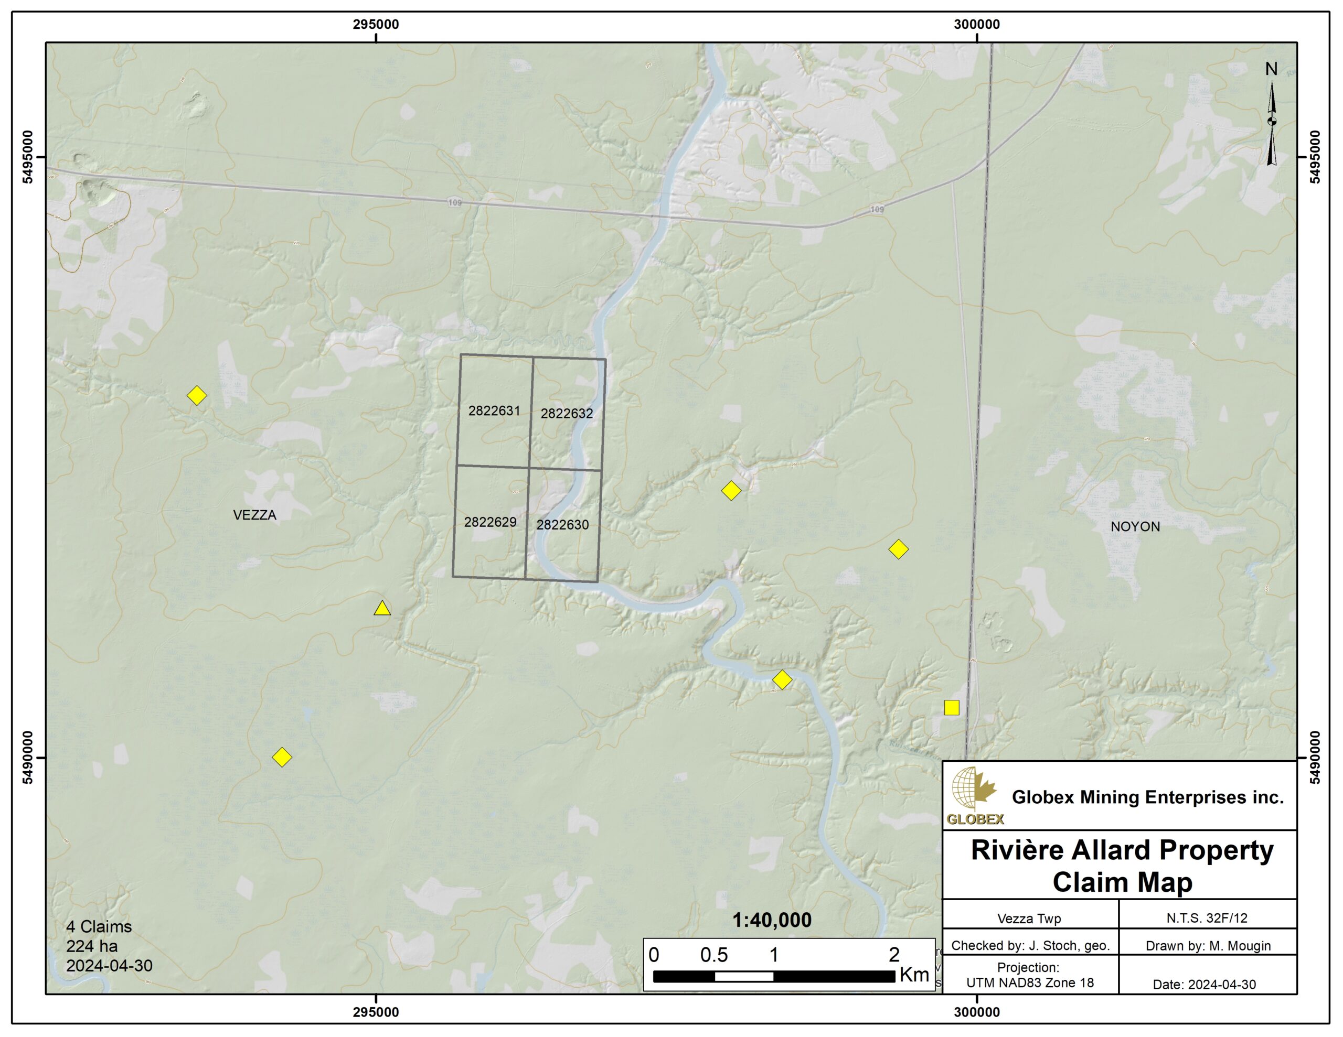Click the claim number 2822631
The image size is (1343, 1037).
pyautogui.click(x=494, y=411)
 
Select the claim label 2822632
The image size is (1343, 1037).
pyautogui.click(x=567, y=414)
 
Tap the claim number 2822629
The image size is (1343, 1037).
pyautogui.click(x=490, y=522)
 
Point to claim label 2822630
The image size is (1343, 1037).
pyautogui.click(x=562, y=525)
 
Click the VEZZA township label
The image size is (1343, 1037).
pyautogui.click(x=254, y=515)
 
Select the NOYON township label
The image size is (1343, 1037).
pyautogui.click(x=1135, y=527)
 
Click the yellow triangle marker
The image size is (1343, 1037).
pyautogui.click(x=382, y=609)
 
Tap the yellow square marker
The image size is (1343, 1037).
pyautogui.click(x=951, y=708)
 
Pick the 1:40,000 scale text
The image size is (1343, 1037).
pyautogui.click(x=772, y=920)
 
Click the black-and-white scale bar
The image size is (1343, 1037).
pyautogui.click(x=774, y=976)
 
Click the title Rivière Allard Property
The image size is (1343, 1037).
pyautogui.click(x=1122, y=850)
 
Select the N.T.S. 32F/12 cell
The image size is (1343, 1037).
pyautogui.click(x=1207, y=919)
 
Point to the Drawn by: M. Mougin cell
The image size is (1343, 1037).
pyautogui.click(x=1208, y=946)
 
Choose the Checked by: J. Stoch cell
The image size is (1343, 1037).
pyautogui.click(x=1030, y=946)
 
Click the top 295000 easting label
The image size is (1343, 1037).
pyautogui.click(x=376, y=25)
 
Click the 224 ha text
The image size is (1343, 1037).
pyautogui.click(x=92, y=946)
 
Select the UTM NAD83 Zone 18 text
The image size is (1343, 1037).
pyautogui.click(x=1030, y=983)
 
